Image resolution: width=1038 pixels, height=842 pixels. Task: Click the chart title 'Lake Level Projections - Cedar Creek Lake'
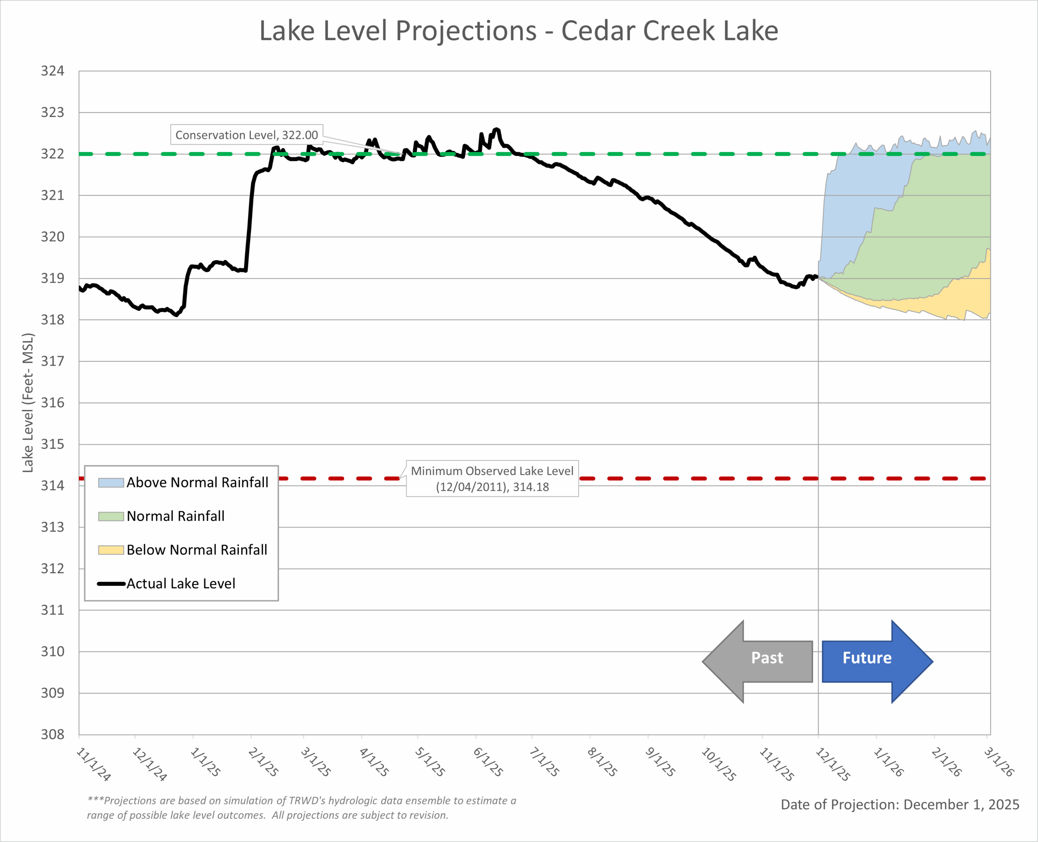tap(519, 31)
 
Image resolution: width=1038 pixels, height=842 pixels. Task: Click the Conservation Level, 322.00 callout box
tap(247, 135)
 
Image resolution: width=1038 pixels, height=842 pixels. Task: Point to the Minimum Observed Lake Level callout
tap(492, 479)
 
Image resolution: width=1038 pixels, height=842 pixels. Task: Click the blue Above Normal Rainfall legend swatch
tap(111, 482)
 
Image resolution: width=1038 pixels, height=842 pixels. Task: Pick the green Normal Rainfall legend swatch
tap(111, 516)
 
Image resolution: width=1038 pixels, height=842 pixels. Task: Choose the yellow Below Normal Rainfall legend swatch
tap(111, 550)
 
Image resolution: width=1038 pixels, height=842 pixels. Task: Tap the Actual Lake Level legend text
tap(181, 583)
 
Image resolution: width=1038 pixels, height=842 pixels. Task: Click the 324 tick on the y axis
tap(52, 71)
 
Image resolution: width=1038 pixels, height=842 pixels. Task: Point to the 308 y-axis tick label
tap(52, 734)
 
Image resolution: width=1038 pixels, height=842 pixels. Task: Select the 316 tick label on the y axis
tap(52, 403)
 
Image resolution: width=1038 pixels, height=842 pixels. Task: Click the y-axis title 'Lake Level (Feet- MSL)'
tap(28, 403)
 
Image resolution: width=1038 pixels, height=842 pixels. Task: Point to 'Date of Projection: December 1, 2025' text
tap(900, 805)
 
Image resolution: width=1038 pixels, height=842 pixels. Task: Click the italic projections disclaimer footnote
tap(301, 808)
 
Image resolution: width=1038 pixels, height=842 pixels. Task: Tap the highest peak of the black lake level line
tap(497, 129)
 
